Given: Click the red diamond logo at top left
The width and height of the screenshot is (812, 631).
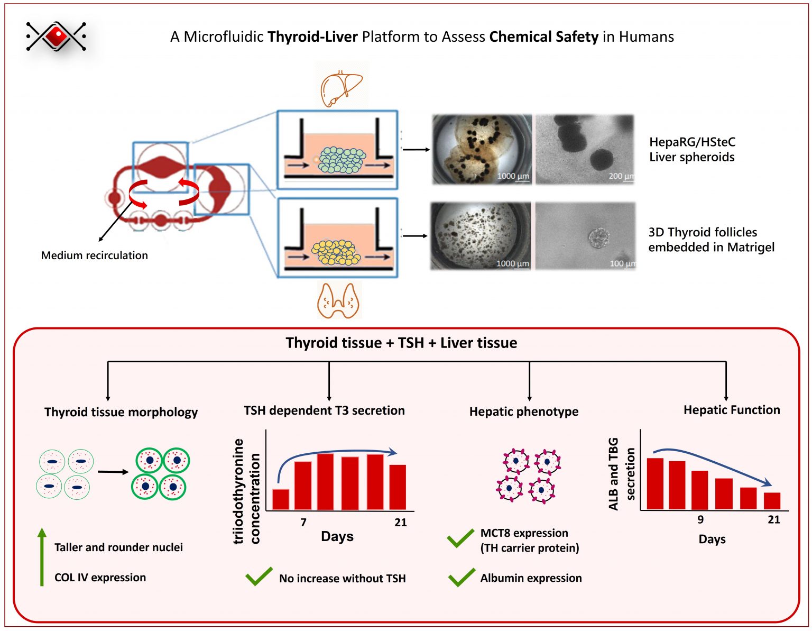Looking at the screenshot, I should point(56,36).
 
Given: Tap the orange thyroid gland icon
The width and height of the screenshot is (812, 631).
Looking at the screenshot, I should point(338,300).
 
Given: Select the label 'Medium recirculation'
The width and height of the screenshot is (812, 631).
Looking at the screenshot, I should point(94,255).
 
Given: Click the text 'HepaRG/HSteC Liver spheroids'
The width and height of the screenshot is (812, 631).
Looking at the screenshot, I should point(691,150).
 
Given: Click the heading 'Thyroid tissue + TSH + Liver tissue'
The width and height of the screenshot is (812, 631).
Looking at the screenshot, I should point(401,343).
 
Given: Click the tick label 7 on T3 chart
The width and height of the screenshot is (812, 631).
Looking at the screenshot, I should point(303,523).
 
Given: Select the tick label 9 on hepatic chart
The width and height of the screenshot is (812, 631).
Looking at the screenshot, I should point(700,519).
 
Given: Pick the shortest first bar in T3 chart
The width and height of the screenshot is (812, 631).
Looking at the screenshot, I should point(281,499).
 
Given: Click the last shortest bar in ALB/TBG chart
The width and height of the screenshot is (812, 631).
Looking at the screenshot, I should point(772,501).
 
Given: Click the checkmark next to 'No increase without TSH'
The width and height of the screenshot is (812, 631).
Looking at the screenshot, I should point(259,577).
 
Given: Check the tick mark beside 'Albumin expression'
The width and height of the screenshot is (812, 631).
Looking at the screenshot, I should point(461,578).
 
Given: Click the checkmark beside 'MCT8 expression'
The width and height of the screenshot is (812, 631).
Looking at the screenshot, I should point(460,538).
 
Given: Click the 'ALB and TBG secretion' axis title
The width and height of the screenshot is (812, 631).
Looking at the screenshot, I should point(621,474).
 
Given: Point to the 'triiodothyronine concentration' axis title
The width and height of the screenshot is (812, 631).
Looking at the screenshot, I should point(246,491).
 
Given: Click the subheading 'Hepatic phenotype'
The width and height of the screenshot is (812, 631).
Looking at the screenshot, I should point(523,411).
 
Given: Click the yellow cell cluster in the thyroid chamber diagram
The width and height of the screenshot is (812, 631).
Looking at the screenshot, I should point(336,252).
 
